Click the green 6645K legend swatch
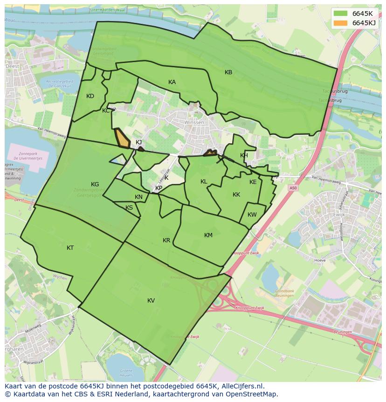[x=341, y=14]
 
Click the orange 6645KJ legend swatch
[x=341, y=23]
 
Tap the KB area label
[x=228, y=72]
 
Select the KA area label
[x=172, y=82]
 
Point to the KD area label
[x=90, y=96]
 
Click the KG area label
[x=95, y=184]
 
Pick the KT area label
[x=70, y=248]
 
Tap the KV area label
[x=151, y=301]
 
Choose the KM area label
[x=208, y=235]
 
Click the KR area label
[x=166, y=240]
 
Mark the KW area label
[x=252, y=215]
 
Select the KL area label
[x=204, y=182]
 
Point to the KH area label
[x=244, y=155]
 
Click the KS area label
[x=129, y=208]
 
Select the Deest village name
[x=12, y=67]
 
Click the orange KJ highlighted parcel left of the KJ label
[x=122, y=139]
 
